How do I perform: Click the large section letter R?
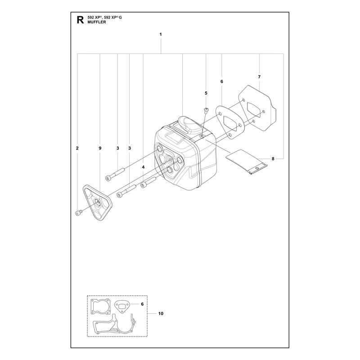click(80, 20)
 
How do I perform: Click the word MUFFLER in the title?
click(97, 22)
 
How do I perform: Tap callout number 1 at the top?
click(161, 35)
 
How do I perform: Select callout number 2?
click(77, 148)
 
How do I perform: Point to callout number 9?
click(100, 148)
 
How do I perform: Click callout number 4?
click(143, 167)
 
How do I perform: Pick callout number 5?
click(206, 93)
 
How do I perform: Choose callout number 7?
click(259, 77)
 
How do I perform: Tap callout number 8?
click(273, 159)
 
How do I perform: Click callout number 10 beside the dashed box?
click(161, 313)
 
